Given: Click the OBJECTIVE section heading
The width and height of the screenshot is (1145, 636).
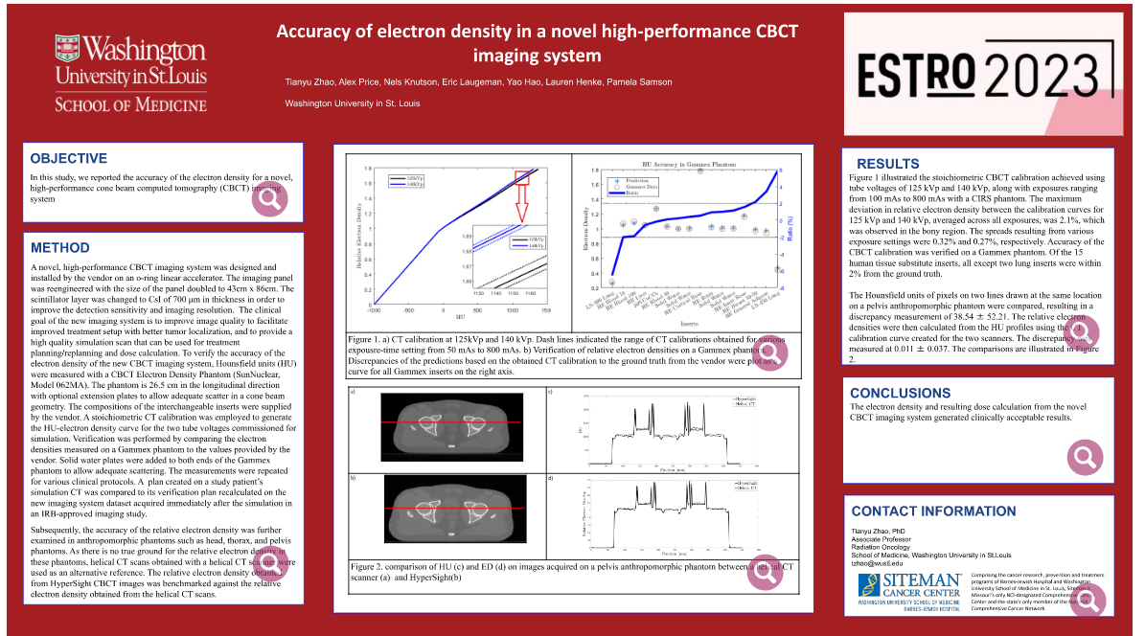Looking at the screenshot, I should tap(68, 159).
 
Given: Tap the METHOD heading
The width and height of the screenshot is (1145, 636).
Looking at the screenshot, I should tap(59, 248).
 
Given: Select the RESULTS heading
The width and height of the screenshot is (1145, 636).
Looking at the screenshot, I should tap(887, 164).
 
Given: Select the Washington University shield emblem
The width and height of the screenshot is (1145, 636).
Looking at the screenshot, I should tap(66, 49).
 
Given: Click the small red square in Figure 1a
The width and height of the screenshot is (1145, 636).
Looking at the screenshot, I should tap(522, 177).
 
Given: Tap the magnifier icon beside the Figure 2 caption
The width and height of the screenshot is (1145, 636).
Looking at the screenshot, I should tap(766, 570).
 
